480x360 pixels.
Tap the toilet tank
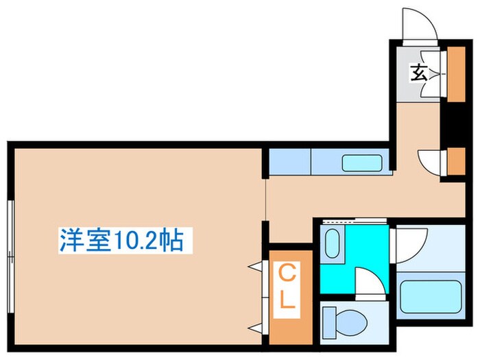tap(331, 320)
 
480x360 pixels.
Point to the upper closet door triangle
tap(256, 265)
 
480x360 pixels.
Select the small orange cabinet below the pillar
tap(455, 160)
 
